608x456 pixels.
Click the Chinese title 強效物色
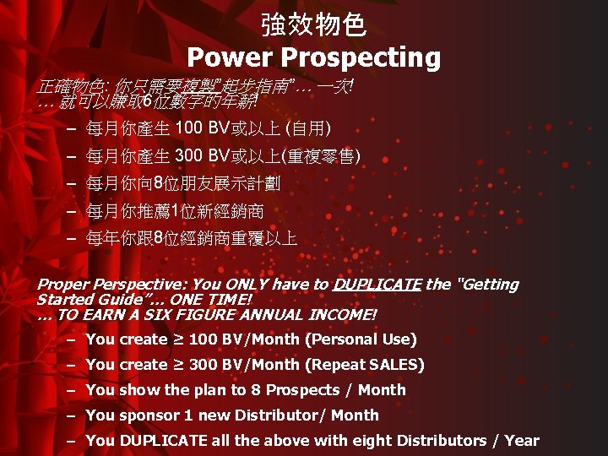313,24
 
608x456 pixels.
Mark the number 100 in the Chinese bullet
187,129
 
